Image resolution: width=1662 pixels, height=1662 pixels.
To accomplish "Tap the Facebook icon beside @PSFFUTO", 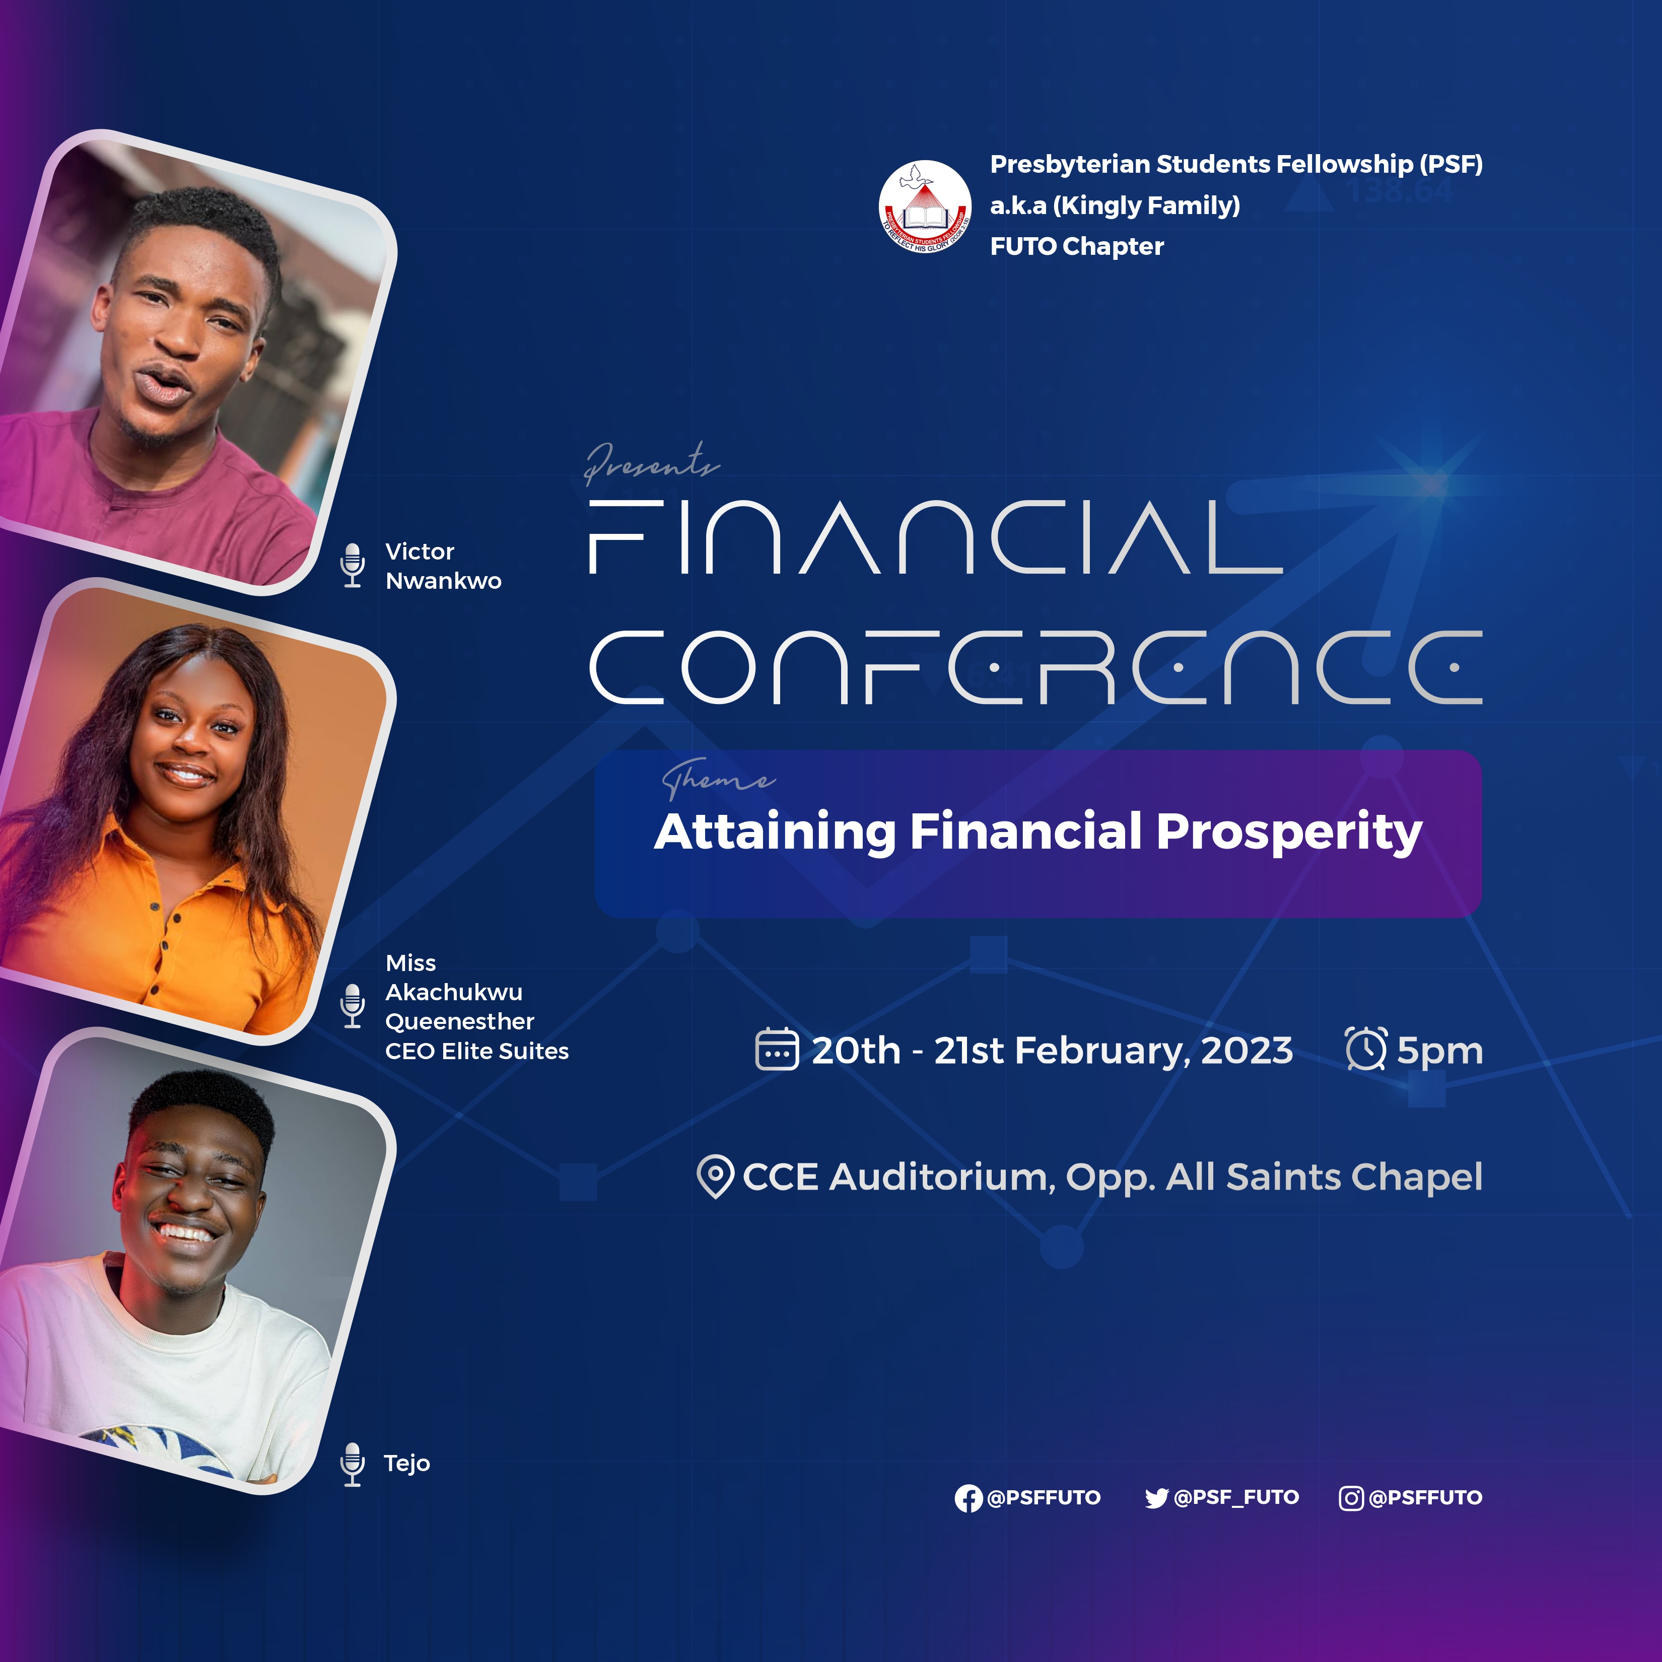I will click(968, 1498).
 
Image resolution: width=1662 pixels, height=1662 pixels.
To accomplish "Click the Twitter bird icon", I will click(1156, 1498).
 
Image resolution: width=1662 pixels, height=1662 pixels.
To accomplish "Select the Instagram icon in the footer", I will click(1351, 1498).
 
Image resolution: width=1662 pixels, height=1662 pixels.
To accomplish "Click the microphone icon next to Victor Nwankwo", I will click(352, 565).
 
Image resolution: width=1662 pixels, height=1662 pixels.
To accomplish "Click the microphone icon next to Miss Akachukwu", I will click(352, 1006).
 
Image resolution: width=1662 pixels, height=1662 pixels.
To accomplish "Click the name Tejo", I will click(407, 1463).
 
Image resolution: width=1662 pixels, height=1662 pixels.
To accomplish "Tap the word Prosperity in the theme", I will click(1289, 833).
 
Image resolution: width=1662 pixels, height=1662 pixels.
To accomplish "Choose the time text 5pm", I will click(1440, 1051).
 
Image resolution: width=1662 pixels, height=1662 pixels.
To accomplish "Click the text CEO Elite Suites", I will click(476, 1051).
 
